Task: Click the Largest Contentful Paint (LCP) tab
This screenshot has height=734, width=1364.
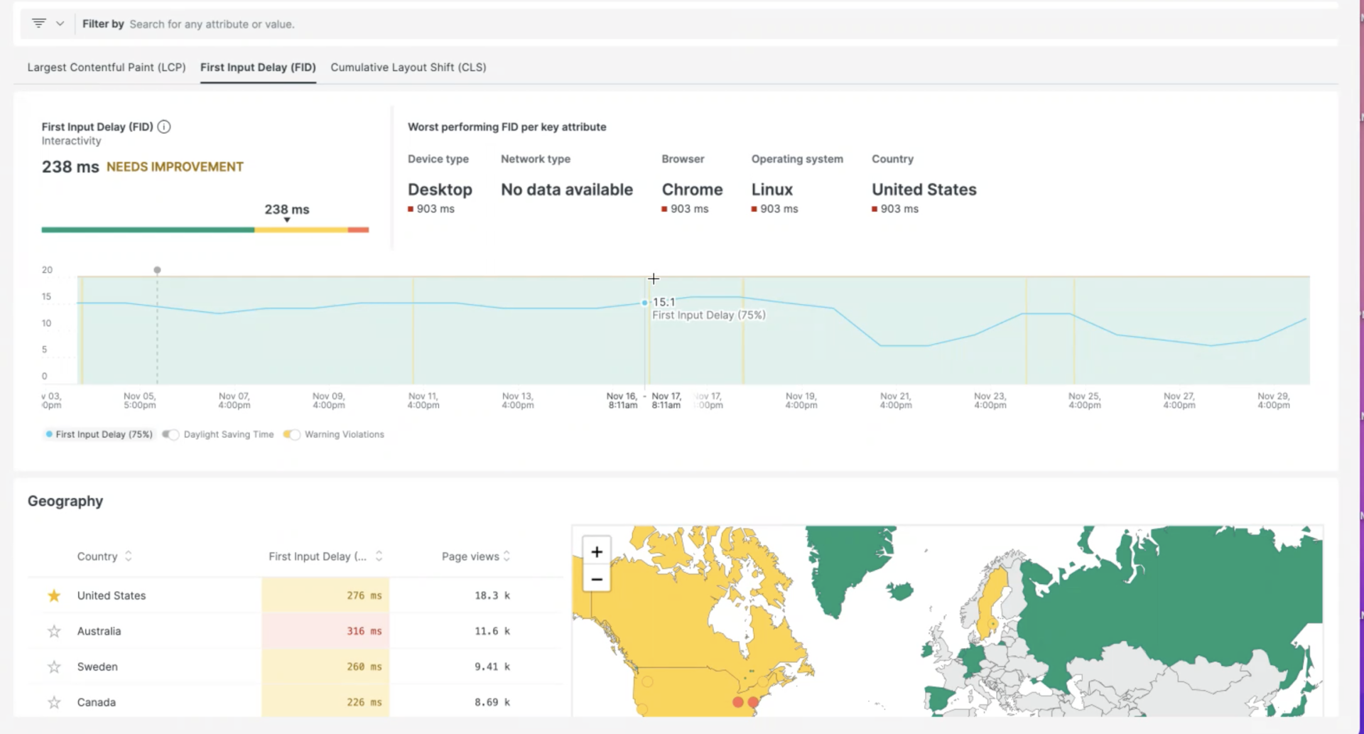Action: (107, 68)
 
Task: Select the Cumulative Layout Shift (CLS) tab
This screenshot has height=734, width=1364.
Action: (408, 68)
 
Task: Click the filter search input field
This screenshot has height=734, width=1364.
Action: (355, 24)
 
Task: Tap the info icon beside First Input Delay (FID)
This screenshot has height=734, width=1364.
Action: (164, 127)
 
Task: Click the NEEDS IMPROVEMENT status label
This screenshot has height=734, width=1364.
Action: (175, 167)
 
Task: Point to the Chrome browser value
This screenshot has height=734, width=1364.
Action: (692, 190)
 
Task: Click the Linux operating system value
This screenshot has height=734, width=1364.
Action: (772, 190)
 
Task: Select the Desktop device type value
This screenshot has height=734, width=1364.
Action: (440, 190)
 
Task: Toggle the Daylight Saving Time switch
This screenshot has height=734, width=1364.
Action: (170, 435)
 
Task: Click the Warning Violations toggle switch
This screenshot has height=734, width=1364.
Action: (292, 435)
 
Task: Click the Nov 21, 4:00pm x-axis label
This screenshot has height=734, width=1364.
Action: (895, 401)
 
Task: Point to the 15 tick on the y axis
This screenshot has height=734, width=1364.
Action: (47, 297)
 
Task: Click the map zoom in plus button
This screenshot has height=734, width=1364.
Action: (597, 552)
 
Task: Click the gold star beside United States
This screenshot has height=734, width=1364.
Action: (54, 596)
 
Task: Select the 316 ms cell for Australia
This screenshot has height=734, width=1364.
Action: (325, 631)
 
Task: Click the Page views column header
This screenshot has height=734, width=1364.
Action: (470, 556)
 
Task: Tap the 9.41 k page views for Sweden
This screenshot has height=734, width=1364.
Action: (492, 666)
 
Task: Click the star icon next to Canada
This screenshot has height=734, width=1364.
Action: (54, 703)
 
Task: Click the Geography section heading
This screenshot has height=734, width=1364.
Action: (65, 501)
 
